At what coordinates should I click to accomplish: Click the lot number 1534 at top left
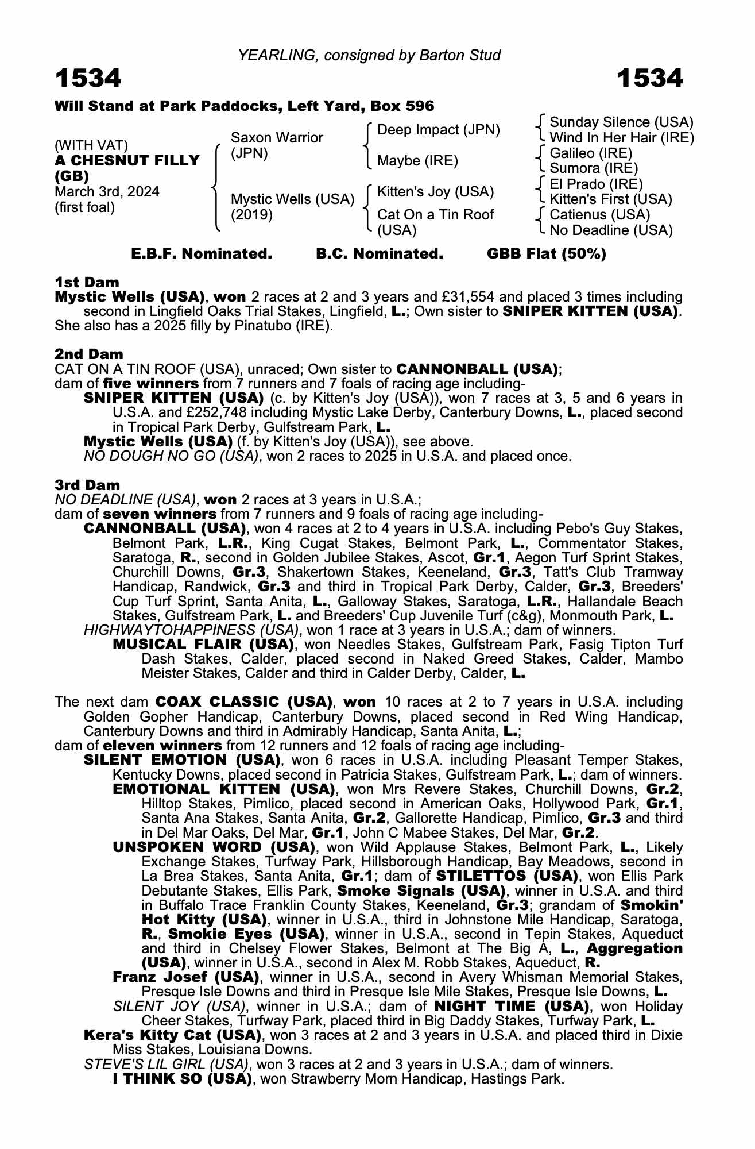click(x=88, y=78)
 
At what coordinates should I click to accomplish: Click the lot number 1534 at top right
click(x=649, y=78)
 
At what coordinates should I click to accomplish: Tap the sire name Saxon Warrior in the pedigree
click(x=276, y=138)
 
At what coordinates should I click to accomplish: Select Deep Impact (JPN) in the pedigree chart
click(x=438, y=130)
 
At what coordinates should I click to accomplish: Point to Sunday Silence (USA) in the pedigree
click(x=621, y=122)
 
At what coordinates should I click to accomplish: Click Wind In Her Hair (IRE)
click(x=621, y=138)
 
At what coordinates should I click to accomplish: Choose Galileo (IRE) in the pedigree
click(x=590, y=153)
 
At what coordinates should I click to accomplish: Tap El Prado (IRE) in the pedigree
click(x=596, y=184)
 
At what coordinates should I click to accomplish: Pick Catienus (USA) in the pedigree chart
click(x=599, y=215)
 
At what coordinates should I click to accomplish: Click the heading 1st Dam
click(x=87, y=282)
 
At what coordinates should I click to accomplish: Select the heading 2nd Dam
click(x=88, y=354)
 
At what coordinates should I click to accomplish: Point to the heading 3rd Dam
click(x=87, y=485)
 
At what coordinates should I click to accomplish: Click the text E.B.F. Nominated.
click(x=202, y=254)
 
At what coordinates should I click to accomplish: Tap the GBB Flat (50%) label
click(x=546, y=254)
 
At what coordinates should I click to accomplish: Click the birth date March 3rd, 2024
click(x=107, y=192)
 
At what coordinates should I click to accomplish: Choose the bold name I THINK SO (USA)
click(x=183, y=1079)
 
